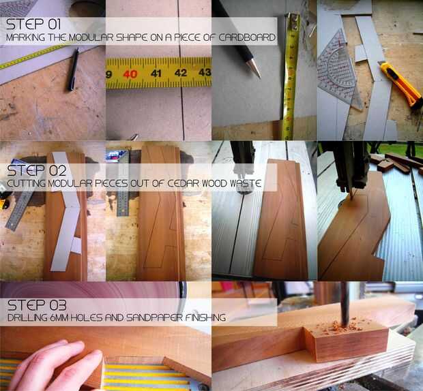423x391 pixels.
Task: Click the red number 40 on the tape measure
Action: coord(130,74)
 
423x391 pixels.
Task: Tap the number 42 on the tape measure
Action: coord(181,73)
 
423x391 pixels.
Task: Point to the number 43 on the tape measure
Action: coord(205,72)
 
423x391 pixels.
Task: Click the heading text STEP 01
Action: coord(33,25)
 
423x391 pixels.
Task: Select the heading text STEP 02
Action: coord(36,171)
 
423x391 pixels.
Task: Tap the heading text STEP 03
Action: coord(37,305)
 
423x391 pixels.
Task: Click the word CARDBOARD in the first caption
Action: coord(247,37)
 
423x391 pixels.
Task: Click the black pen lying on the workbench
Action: coord(73,69)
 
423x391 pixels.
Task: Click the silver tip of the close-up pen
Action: coord(254,68)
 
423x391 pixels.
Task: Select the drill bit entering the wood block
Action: coord(345,304)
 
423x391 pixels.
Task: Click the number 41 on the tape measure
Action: coord(156,73)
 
